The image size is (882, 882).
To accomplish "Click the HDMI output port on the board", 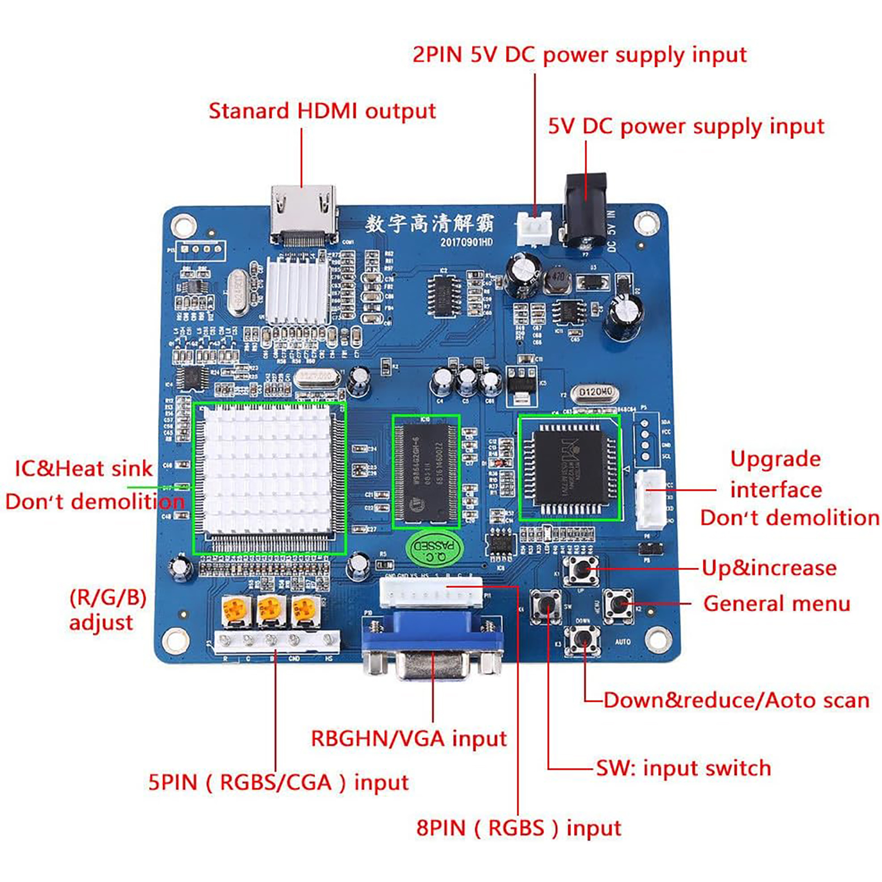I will pos(303,212).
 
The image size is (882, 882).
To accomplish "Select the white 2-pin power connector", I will pos(534,228).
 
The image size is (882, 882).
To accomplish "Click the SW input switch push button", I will pos(546,605).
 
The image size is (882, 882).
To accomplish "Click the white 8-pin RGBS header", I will pos(431,592).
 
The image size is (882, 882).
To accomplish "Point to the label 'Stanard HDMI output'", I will pos(322,111).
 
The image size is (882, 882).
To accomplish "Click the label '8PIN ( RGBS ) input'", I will pos(519,828).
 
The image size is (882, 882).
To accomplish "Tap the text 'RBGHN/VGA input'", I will pos(408,739).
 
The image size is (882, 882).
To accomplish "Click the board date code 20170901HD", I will pos(466,243).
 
